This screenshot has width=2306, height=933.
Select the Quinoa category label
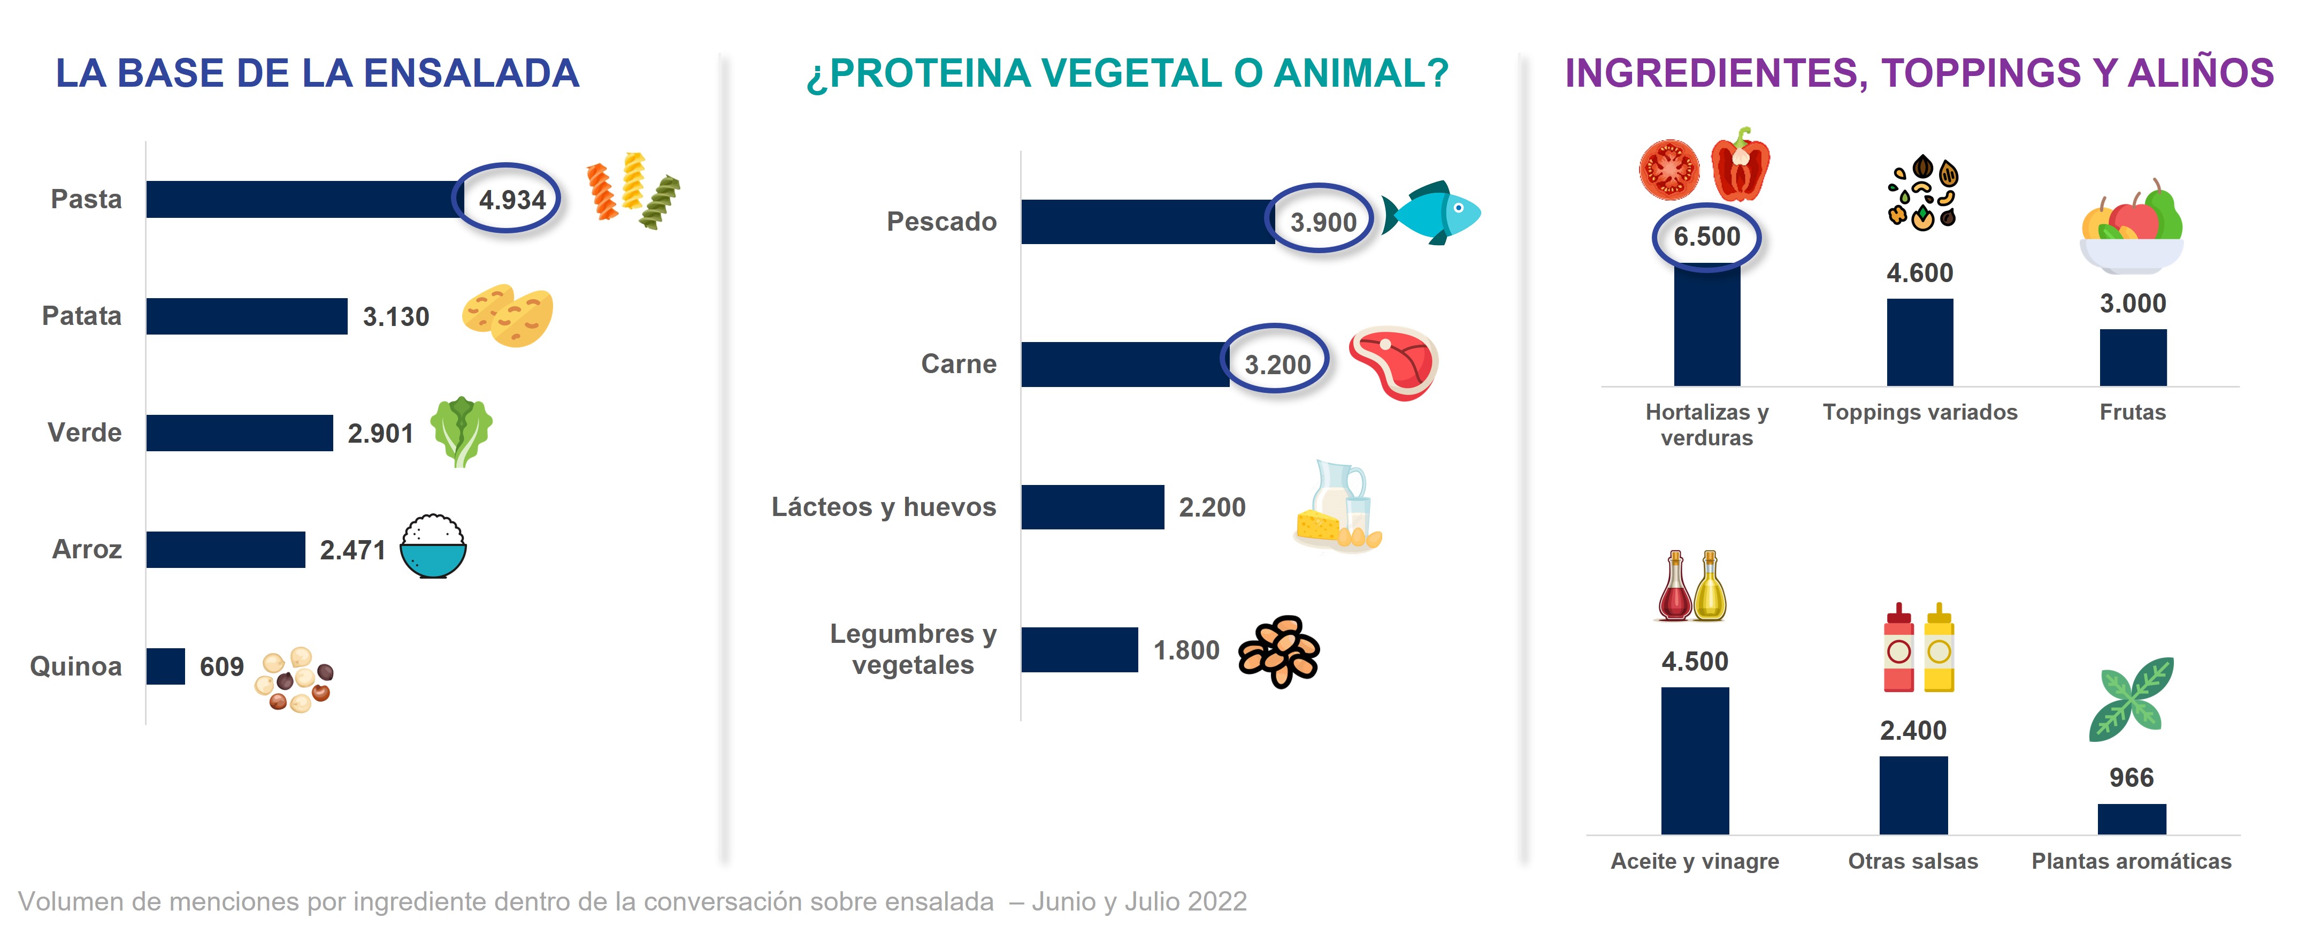coord(76,666)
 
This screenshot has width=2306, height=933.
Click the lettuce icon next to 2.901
coord(461,431)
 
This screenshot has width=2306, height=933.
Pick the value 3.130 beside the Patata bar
coord(396,317)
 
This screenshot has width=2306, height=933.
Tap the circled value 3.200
coord(1277,365)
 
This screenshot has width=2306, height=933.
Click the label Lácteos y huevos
coord(884,507)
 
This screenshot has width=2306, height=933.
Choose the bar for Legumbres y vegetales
coord(1079,650)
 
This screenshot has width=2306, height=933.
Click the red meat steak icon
coord(1393,362)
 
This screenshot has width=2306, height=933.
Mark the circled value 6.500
coord(1706,237)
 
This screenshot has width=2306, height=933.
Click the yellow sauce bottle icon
coord(1939,649)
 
